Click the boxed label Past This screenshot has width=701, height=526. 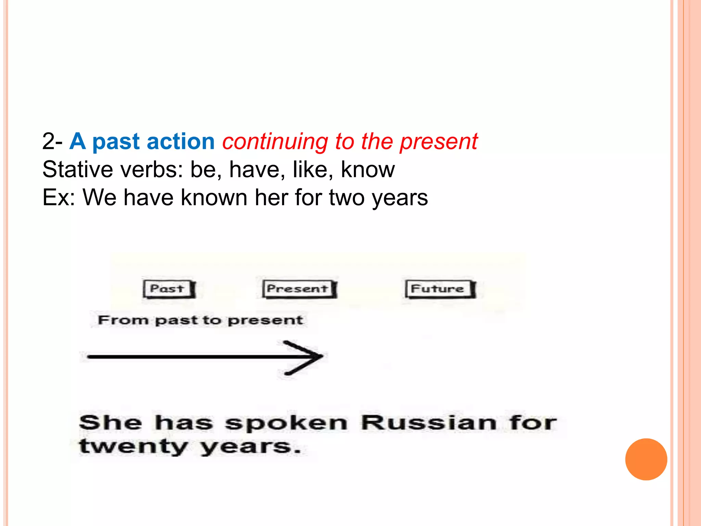(x=168, y=289)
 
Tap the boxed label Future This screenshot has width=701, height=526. (x=439, y=289)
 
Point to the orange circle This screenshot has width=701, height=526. (x=646, y=459)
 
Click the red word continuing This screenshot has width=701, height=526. (x=275, y=141)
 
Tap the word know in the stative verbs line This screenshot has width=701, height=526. (x=368, y=170)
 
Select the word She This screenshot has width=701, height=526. (x=110, y=423)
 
